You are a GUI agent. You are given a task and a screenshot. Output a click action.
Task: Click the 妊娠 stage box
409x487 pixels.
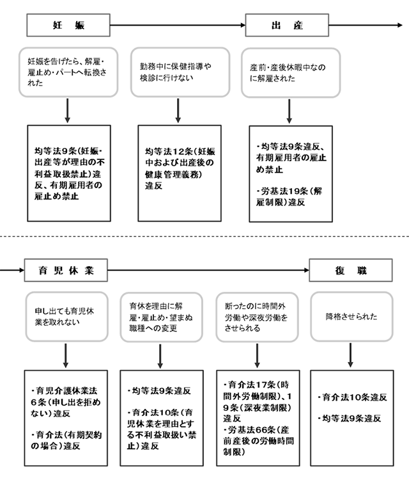coord(68,25)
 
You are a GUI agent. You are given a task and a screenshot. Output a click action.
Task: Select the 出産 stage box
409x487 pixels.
coord(287,25)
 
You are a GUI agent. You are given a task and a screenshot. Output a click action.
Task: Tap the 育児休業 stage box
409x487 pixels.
coord(66,270)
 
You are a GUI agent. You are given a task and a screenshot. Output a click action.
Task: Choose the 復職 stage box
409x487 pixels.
coord(351,270)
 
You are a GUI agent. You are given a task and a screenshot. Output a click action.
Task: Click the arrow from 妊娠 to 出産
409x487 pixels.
coord(178,25)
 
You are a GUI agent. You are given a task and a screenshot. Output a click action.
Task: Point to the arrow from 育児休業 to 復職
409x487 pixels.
coord(208,270)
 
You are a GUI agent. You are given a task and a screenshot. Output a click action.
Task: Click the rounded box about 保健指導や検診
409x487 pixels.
coord(180,72)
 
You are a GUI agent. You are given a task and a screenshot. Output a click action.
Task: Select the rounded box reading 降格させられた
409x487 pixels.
coord(351,317)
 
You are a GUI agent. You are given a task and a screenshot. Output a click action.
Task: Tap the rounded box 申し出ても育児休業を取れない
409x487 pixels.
coord(66,317)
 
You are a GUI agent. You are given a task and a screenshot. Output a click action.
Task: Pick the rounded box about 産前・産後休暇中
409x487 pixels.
coord(291,72)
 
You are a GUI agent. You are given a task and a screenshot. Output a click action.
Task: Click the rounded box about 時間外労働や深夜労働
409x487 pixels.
coord(257,317)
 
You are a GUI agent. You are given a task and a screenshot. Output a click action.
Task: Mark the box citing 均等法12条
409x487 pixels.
coord(180,173)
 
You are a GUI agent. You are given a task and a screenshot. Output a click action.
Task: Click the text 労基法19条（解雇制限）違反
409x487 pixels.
coord(289,196)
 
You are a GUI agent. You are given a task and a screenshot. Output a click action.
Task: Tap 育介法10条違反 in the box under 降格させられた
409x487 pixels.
coord(352,397)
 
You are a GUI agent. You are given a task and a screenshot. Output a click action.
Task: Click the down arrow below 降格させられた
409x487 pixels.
coord(350,355)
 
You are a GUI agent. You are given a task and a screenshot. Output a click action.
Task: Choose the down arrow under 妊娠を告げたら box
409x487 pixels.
coord(67,111)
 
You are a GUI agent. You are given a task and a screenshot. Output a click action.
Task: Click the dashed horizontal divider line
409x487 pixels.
coord(204,236)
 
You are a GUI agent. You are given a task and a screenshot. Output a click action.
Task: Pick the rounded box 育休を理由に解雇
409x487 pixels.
coord(162,317)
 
